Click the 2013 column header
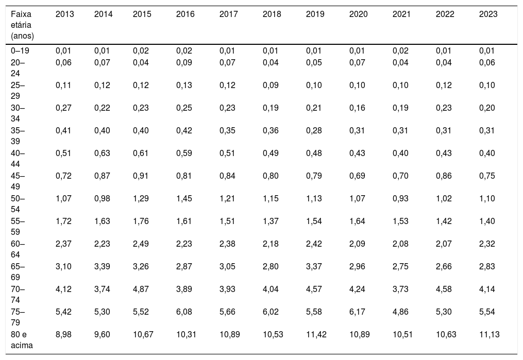(x=65, y=14)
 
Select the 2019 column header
(x=315, y=14)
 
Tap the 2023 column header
(x=488, y=14)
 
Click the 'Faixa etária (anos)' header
(x=22, y=25)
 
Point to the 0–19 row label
(x=20, y=50)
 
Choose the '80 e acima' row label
(x=22, y=340)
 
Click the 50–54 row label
(x=18, y=203)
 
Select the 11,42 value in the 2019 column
(x=316, y=334)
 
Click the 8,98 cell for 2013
(x=63, y=334)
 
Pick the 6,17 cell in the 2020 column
(x=357, y=312)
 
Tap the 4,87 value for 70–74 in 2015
(x=141, y=289)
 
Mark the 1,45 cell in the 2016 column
(x=184, y=198)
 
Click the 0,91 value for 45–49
(x=141, y=176)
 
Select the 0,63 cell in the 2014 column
(x=102, y=153)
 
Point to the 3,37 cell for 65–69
(x=314, y=266)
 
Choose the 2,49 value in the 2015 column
(x=141, y=244)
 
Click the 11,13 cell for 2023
(x=490, y=334)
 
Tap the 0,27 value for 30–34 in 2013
(x=63, y=108)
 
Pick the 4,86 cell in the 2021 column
(x=400, y=312)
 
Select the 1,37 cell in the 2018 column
(x=271, y=221)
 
